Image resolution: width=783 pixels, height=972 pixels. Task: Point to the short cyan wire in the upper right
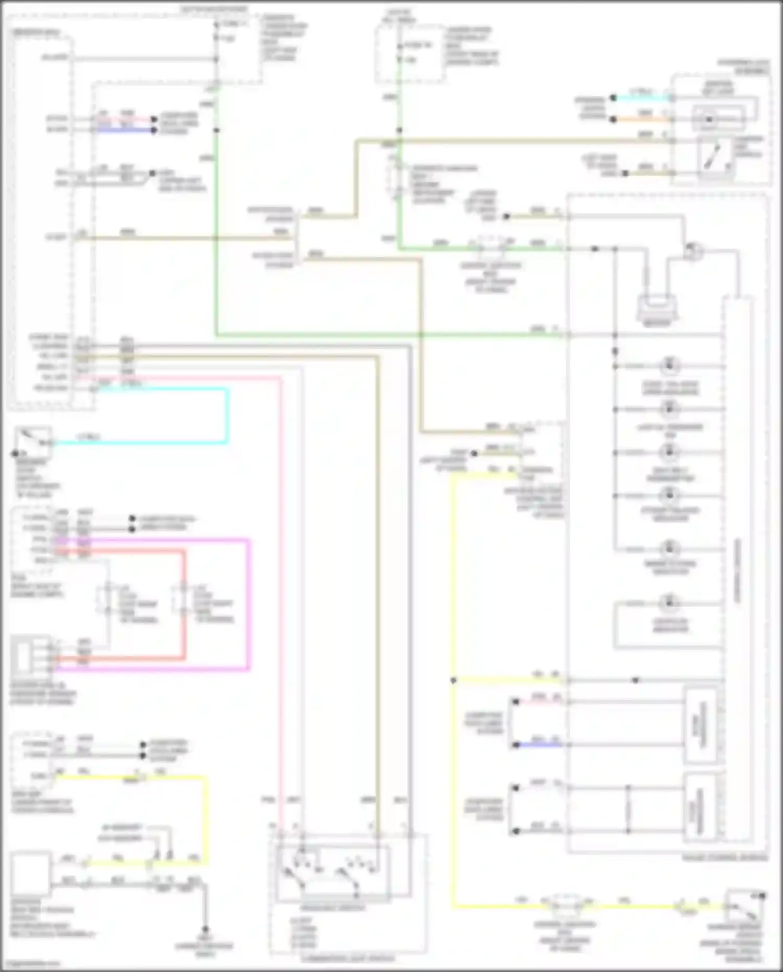click(642, 98)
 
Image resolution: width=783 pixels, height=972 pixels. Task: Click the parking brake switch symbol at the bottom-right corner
click(745, 906)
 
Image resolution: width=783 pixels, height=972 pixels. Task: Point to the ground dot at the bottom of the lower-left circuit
click(205, 929)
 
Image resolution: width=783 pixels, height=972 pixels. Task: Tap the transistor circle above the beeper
click(693, 251)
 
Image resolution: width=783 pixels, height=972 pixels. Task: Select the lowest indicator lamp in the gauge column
click(669, 603)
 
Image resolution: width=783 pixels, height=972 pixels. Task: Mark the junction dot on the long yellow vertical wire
click(453, 681)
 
